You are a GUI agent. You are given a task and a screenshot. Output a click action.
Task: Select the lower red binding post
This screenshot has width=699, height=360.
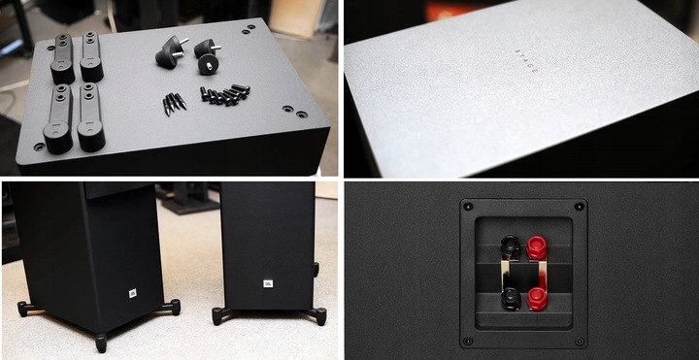537,296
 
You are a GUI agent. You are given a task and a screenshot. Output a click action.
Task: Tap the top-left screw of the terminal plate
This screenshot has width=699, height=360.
467,207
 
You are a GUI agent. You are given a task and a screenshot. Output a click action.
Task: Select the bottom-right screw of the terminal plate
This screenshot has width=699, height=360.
580,341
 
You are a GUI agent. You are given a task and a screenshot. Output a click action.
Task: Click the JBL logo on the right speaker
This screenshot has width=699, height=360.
268,283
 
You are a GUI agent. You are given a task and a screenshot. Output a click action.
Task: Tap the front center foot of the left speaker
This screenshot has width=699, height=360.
101,343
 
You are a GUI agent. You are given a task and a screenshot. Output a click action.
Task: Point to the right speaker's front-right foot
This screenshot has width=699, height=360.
319,316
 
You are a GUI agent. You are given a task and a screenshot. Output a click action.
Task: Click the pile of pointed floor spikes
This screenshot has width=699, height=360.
175,102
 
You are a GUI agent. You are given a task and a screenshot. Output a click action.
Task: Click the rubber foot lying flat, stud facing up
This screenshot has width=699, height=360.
208,65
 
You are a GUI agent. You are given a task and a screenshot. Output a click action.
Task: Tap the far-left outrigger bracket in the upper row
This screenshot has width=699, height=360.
62,58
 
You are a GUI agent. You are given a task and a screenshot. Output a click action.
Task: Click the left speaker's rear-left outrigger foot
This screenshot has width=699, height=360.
22,310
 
